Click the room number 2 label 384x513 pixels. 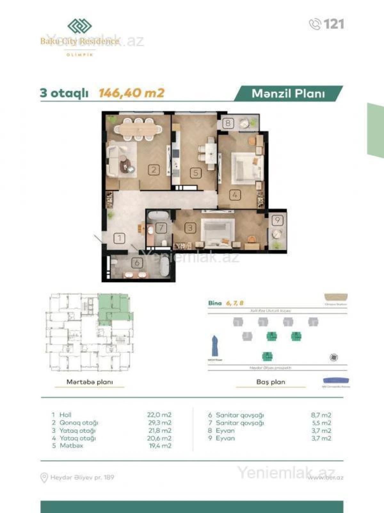click(x=154, y=169)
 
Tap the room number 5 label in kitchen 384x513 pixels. click(x=196, y=173)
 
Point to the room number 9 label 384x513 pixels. click(x=277, y=220)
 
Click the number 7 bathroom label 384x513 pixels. click(x=161, y=228)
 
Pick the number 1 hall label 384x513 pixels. click(x=119, y=238)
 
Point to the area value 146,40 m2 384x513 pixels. click(x=132, y=93)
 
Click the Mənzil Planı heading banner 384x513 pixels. click(x=288, y=93)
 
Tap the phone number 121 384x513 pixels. click(x=333, y=24)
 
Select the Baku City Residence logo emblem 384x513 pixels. click(x=79, y=26)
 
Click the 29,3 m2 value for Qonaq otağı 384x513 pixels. click(x=159, y=423)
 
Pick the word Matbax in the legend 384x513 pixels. click(x=71, y=446)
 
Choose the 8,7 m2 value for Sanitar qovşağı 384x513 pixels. click(x=321, y=415)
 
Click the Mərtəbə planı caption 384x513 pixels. click(x=90, y=382)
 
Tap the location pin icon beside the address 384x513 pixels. click(x=44, y=478)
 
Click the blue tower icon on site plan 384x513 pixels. click(x=214, y=346)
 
